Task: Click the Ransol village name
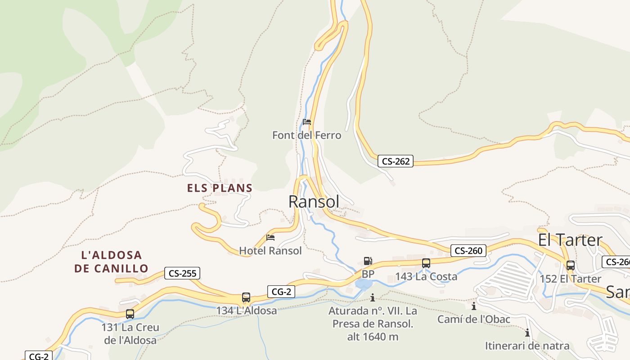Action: point(314,202)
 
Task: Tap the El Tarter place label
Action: point(570,240)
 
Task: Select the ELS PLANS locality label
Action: point(220,188)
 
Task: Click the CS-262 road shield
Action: point(396,161)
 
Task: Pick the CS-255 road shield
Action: point(182,273)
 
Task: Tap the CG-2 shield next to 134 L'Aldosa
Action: point(281,292)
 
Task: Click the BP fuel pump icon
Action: point(368,261)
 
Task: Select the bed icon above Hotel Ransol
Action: point(270,238)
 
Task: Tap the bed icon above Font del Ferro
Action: point(307,122)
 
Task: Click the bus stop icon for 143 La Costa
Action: point(426,263)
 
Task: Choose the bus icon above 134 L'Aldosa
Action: point(246,297)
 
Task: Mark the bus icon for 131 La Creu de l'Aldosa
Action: point(130,314)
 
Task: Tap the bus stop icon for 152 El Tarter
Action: point(570,265)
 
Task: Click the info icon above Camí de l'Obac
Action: point(474,306)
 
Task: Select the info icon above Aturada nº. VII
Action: point(373,298)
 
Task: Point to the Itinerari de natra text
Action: point(527,346)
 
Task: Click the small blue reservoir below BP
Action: point(363,284)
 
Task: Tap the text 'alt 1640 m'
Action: point(373,337)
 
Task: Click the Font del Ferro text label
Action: point(307,135)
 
